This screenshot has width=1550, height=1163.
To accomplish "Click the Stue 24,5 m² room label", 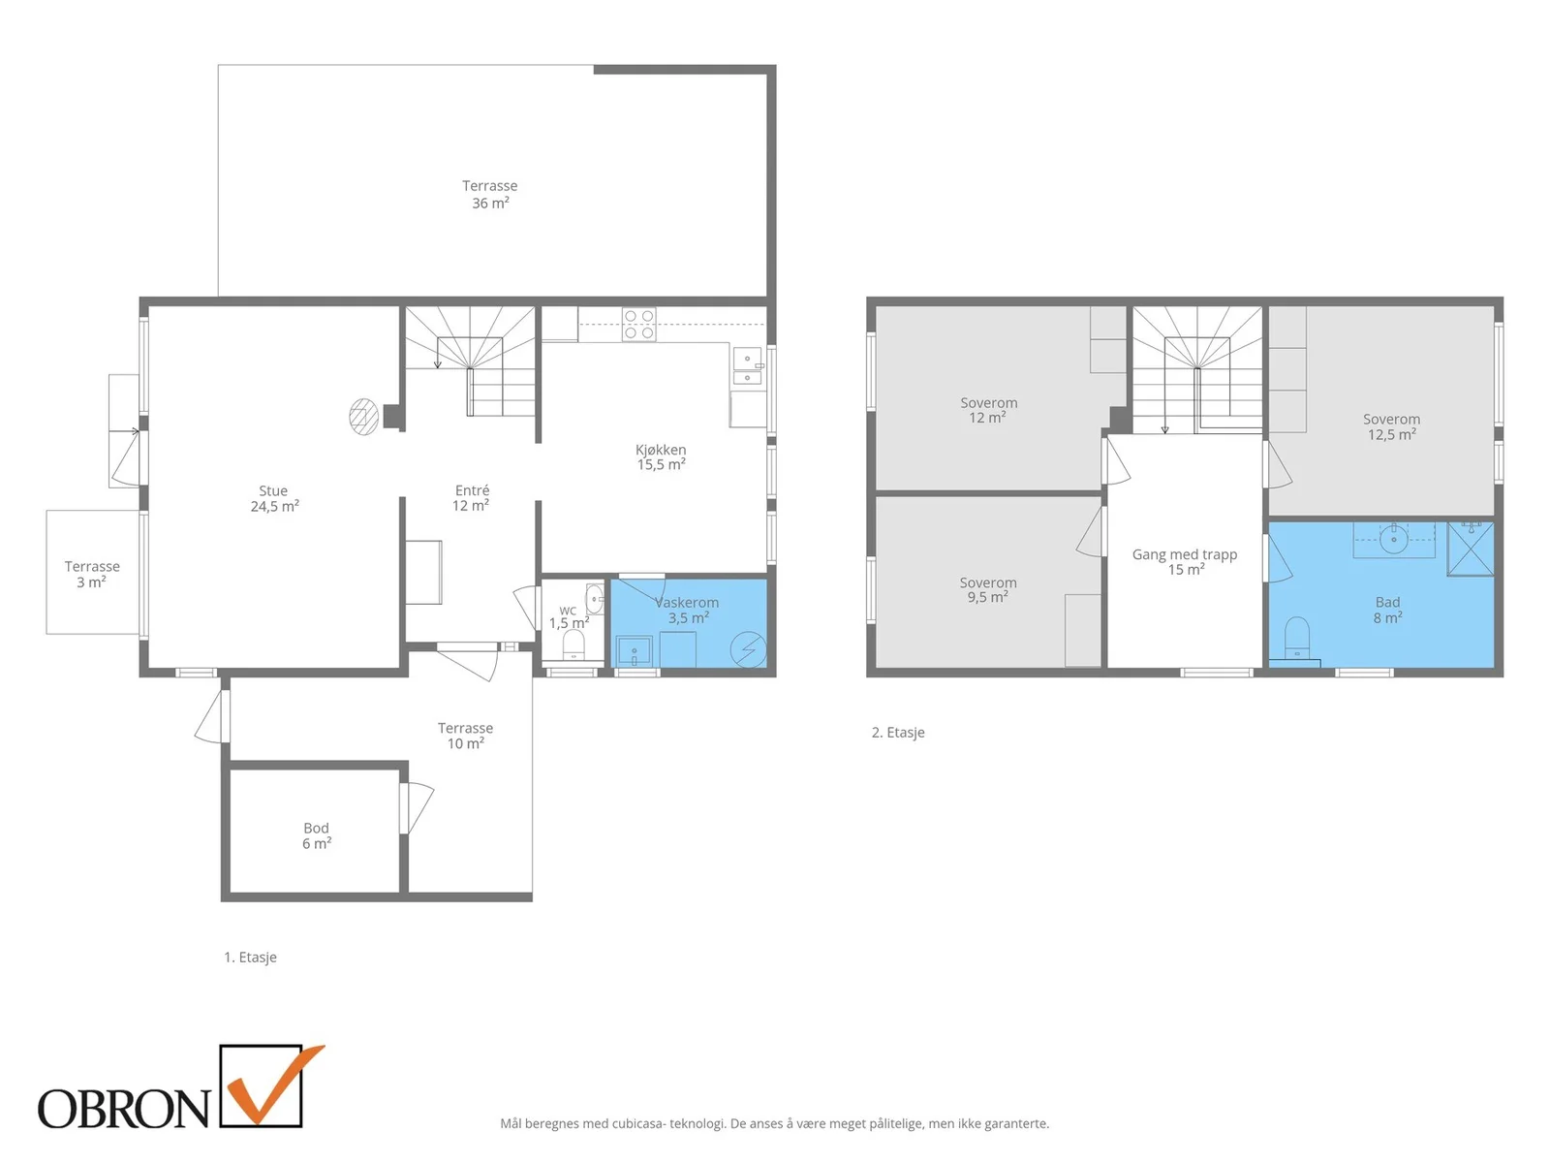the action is [274, 498].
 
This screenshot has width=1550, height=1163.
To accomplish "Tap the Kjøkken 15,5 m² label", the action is [661, 456].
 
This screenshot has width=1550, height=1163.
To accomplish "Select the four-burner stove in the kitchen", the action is [638, 324].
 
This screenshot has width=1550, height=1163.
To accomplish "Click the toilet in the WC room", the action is [573, 644].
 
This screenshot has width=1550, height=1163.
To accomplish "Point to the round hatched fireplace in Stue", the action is [363, 416].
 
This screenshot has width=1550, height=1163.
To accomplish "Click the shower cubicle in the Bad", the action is [1471, 548].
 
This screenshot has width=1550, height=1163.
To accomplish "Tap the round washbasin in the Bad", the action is [1393, 540].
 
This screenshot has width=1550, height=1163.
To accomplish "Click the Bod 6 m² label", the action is [317, 835].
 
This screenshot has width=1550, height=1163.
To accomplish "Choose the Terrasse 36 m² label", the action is [490, 194].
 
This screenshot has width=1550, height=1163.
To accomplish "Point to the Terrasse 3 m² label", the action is [92, 574].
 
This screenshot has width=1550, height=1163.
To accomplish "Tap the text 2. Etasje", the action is [897, 733].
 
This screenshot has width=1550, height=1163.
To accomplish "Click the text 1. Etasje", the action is [250, 957].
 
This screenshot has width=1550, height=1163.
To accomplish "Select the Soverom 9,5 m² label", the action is [988, 589].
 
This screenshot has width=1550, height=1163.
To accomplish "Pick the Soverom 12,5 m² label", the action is [1391, 426].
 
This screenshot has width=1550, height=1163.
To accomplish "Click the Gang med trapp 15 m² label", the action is [1185, 561].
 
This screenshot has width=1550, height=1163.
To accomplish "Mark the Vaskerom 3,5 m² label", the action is [687, 611].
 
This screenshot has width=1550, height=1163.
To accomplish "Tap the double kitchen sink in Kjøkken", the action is [747, 365].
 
